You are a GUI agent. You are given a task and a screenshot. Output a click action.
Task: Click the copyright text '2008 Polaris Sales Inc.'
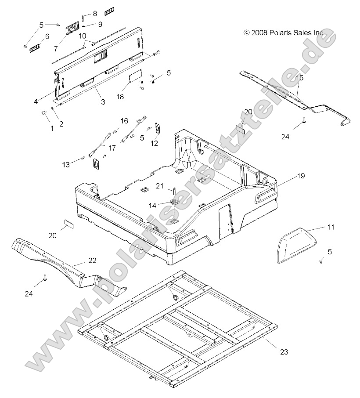pos(284,33)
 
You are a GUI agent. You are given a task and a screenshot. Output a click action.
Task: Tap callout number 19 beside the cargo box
pos(300,176)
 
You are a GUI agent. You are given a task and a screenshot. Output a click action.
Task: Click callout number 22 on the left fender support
pos(92,261)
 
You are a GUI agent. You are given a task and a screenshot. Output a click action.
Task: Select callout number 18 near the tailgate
pos(120,96)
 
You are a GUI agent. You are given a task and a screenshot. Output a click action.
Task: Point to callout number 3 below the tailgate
pos(103,102)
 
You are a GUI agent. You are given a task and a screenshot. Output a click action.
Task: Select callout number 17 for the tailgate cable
pos(112,148)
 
